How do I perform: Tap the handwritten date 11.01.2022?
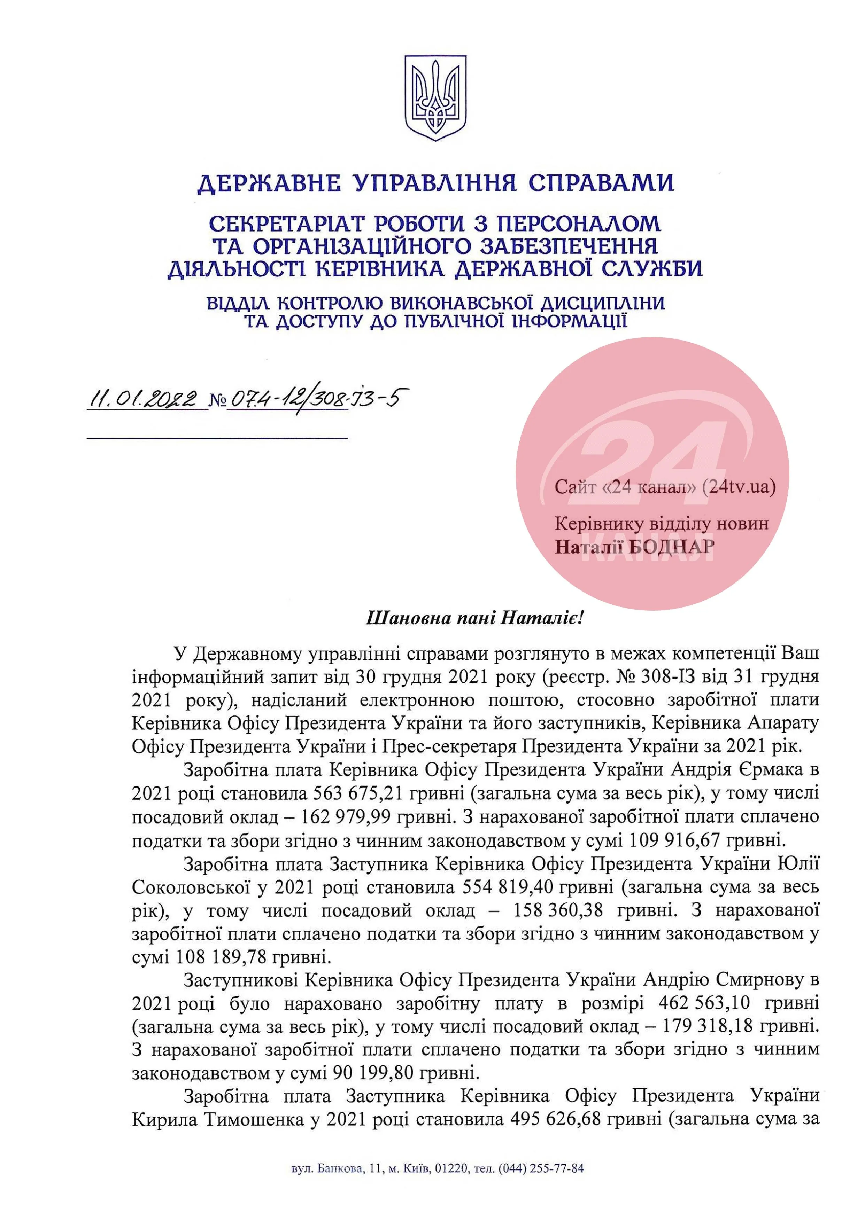[x=143, y=399]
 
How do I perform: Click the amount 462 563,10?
[x=704, y=1004]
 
